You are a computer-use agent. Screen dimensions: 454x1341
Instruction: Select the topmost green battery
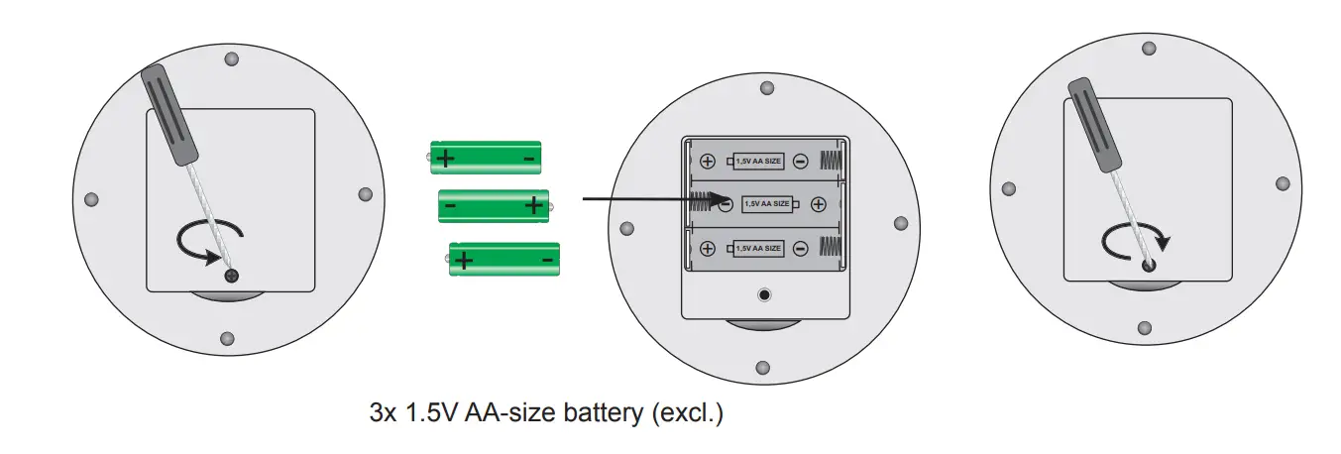coord(486,157)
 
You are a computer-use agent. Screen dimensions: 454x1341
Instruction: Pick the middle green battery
coord(495,205)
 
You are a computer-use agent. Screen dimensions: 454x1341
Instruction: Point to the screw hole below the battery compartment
coord(764,295)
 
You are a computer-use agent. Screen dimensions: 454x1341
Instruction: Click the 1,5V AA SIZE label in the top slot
coord(757,162)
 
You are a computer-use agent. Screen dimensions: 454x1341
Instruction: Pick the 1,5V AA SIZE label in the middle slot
coord(767,204)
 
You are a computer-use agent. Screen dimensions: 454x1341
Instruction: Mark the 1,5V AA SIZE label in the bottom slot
coord(757,248)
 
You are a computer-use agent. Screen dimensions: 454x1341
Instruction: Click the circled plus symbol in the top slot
coord(708,162)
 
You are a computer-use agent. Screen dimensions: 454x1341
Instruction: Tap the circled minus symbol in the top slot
coord(800,162)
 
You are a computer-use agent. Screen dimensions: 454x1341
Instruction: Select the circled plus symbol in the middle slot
coord(818,204)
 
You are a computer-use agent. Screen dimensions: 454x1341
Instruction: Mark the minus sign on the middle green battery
coord(451,205)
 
